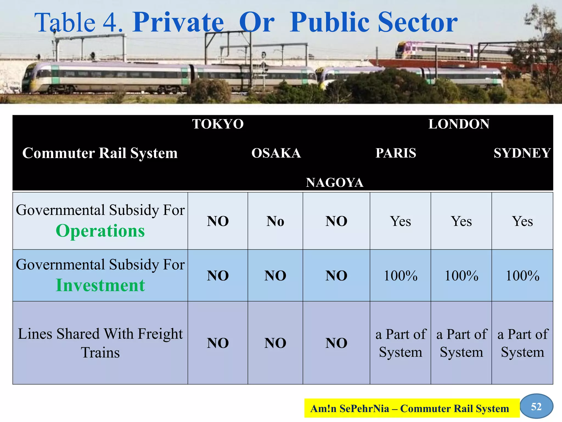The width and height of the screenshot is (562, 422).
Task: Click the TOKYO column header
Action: (218, 124)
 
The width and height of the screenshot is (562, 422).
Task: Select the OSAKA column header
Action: (276, 153)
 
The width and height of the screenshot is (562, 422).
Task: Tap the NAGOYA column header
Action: (335, 182)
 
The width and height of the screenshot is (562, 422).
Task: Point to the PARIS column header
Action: (396, 153)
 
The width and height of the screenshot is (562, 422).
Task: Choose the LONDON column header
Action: (459, 124)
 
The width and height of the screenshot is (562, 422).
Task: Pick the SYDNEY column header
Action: (522, 153)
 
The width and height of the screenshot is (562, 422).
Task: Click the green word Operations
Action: (100, 231)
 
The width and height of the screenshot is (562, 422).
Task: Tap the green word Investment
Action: (100, 285)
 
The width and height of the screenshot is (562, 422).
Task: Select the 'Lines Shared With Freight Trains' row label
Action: (100, 343)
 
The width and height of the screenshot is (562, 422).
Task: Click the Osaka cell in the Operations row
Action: (275, 221)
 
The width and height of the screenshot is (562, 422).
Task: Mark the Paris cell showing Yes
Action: (400, 221)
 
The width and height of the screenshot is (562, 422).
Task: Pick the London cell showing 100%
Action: (461, 276)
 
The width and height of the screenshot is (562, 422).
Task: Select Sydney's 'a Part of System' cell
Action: (522, 343)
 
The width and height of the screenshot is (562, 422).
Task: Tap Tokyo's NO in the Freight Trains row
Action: (218, 343)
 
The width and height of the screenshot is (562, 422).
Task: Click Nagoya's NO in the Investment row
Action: (336, 276)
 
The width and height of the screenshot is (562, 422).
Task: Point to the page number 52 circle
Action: (536, 406)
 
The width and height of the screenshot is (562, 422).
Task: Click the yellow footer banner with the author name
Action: (412, 408)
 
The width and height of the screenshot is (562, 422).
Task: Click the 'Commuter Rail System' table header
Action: (100, 153)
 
